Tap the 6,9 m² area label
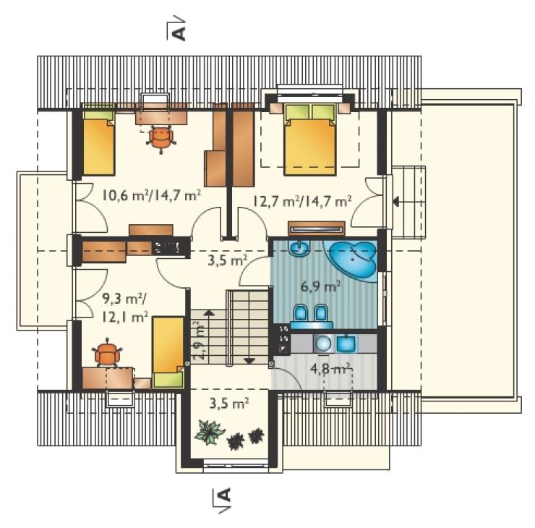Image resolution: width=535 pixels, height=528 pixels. pyautogui.click(x=321, y=286)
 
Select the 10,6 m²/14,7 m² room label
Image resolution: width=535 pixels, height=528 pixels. pyautogui.click(x=151, y=195)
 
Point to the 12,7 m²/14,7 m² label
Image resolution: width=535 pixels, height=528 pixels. pyautogui.click(x=302, y=201)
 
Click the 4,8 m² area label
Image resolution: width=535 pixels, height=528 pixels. pyautogui.click(x=330, y=369)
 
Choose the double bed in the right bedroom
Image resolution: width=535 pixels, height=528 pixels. pyautogui.click(x=310, y=140)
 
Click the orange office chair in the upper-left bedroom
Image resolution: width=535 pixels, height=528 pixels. pyautogui.click(x=160, y=137)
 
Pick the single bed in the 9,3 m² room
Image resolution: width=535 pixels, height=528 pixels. pyautogui.click(x=168, y=352)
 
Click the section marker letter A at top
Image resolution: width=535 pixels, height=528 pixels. pyautogui.click(x=179, y=33)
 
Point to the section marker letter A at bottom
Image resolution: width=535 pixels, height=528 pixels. pyautogui.click(x=224, y=495)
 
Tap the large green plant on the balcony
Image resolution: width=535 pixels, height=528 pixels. pyautogui.click(x=209, y=432)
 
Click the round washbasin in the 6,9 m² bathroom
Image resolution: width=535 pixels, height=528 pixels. pyautogui.click(x=299, y=247)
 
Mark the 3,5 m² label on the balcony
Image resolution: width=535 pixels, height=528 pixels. pyautogui.click(x=229, y=404)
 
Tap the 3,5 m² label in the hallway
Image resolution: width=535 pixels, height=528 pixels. pyautogui.click(x=227, y=261)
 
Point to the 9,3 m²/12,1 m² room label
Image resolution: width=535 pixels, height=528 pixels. pyautogui.click(x=125, y=308)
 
